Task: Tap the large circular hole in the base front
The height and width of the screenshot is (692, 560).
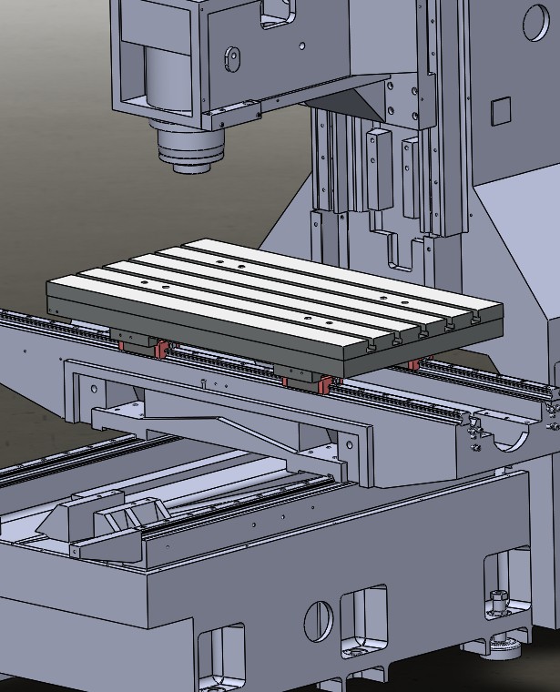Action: pyautogui.click(x=318, y=620)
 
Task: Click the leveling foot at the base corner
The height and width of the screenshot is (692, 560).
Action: pyautogui.click(x=497, y=628)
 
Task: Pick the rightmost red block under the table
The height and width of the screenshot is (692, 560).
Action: pyautogui.click(x=414, y=365)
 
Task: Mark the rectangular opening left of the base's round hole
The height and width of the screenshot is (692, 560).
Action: pyautogui.click(x=223, y=656)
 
